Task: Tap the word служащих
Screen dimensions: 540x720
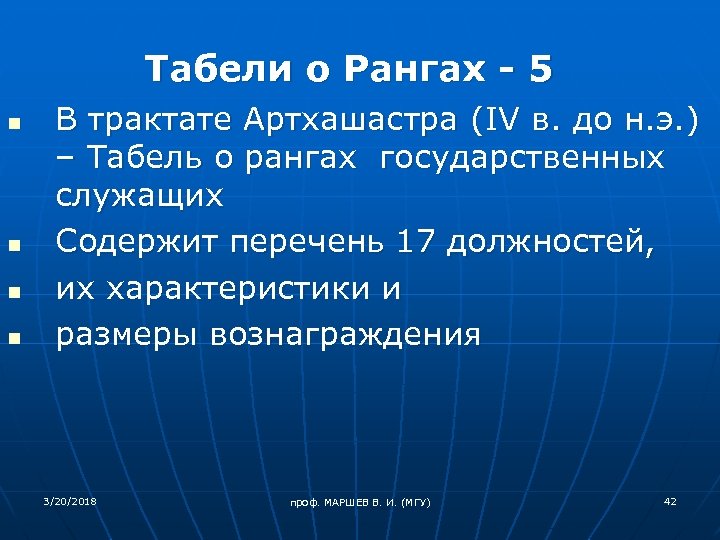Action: [139, 195]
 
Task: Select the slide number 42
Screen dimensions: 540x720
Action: [670, 500]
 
